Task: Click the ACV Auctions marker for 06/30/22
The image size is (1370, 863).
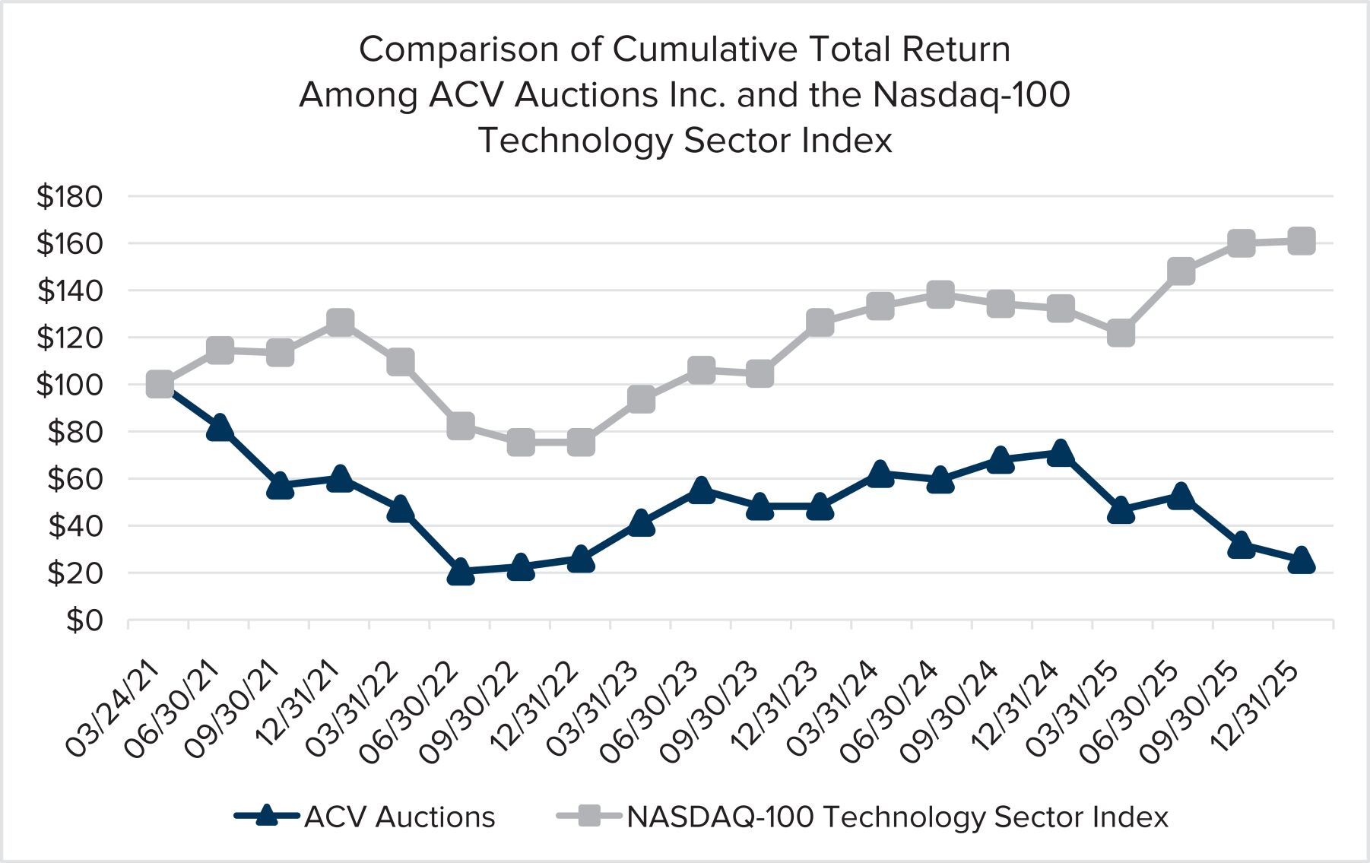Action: point(461,571)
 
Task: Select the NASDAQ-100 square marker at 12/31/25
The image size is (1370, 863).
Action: point(1302,241)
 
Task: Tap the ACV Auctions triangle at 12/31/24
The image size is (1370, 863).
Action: point(1061,454)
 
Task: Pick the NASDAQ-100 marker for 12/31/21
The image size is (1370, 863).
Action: point(341,322)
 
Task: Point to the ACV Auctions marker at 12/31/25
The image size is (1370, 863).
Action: point(1302,560)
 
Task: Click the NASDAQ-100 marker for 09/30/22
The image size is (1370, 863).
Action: point(521,442)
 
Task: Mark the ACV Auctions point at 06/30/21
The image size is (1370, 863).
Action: point(220,428)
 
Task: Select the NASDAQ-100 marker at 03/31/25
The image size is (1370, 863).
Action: point(1121,333)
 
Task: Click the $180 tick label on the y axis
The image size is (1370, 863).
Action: point(69,197)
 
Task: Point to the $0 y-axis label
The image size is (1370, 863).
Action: point(84,620)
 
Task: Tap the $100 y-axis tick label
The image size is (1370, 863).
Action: point(69,385)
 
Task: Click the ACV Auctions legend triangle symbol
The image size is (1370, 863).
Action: point(266,816)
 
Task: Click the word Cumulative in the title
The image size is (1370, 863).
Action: point(705,49)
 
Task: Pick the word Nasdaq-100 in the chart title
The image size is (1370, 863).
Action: point(971,95)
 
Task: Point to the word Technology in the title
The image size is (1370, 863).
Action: point(575,141)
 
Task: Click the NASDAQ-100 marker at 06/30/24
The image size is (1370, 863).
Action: point(940,294)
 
